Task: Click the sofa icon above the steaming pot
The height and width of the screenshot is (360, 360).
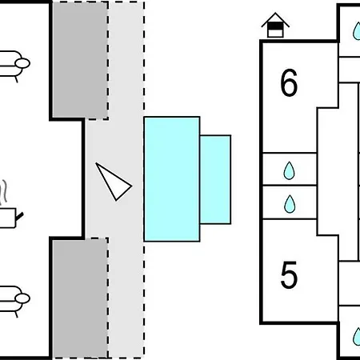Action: click(14, 66)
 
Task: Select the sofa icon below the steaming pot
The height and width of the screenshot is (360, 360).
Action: click(14, 301)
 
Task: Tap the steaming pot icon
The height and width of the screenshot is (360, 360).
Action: click(10, 205)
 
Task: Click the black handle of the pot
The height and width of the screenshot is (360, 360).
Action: click(20, 216)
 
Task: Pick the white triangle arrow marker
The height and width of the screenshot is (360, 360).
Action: click(114, 182)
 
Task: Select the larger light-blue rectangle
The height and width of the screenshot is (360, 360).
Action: click(172, 179)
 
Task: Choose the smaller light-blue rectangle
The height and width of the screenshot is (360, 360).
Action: click(215, 179)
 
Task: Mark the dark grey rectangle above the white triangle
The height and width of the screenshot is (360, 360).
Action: click(80, 60)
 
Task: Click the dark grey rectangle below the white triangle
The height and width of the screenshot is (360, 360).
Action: click(80, 298)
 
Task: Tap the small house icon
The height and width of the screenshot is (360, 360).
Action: click(275, 25)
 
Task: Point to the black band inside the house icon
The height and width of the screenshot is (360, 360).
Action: click(275, 26)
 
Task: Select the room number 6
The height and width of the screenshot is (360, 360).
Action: click(289, 82)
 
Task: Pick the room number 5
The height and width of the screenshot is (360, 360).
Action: click(289, 274)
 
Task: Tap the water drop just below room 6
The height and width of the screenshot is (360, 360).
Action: click(290, 170)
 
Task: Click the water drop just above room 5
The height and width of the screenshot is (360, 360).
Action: click(290, 204)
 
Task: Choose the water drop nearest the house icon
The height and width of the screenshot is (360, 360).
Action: click(357, 31)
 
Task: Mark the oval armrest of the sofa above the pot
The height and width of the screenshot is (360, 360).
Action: click(22, 63)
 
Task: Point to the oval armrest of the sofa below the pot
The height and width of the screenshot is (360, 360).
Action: click(22, 298)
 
